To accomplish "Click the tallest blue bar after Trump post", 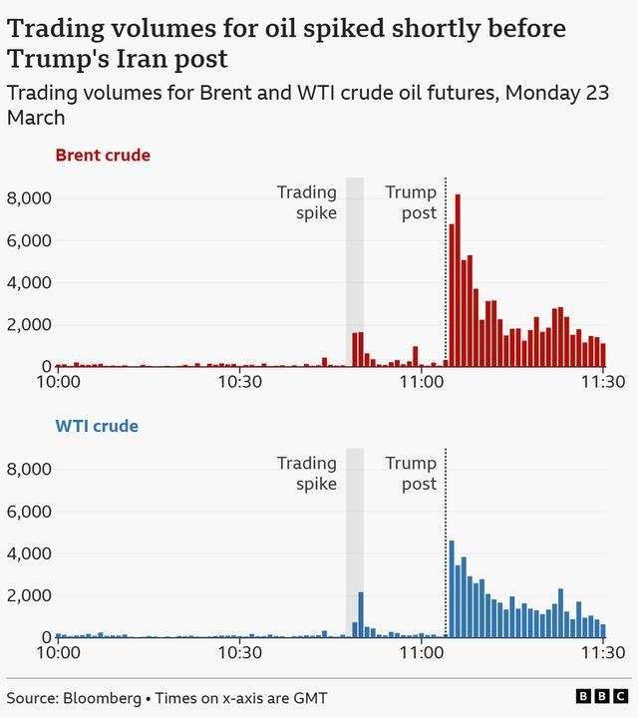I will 452,588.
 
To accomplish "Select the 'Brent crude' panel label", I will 103,156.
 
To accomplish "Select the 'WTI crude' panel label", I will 97,427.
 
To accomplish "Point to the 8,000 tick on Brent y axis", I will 29,198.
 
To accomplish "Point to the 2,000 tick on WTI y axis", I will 29,595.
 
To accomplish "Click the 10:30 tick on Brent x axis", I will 239,382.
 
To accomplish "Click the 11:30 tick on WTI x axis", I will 604,652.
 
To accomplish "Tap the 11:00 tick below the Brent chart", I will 422,382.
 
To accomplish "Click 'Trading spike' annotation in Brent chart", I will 306,202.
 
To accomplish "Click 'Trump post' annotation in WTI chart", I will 411,474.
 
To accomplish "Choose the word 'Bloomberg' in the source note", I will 103,698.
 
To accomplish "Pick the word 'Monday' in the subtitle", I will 537,93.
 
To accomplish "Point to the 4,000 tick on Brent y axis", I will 29,282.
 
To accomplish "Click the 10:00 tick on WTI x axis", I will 59,652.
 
